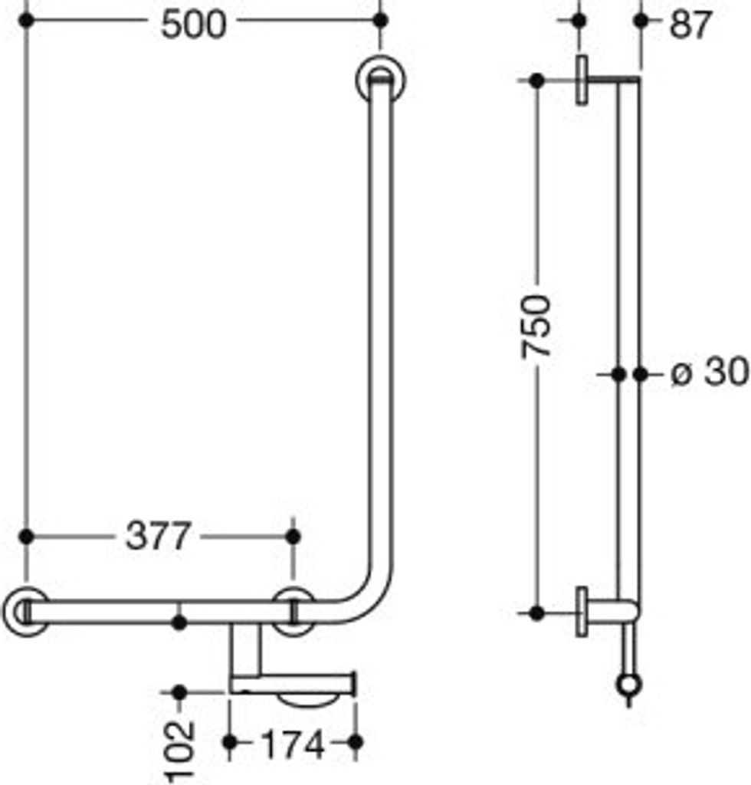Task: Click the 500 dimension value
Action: (x=193, y=25)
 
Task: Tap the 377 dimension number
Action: (x=158, y=536)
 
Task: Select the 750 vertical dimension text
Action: (x=536, y=327)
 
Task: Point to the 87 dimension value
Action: (x=690, y=25)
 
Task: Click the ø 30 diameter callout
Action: (x=710, y=373)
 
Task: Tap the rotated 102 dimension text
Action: (x=179, y=751)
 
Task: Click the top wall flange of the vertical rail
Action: (x=381, y=80)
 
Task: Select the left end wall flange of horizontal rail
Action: (x=25, y=612)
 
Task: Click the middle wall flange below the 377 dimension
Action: (x=294, y=612)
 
